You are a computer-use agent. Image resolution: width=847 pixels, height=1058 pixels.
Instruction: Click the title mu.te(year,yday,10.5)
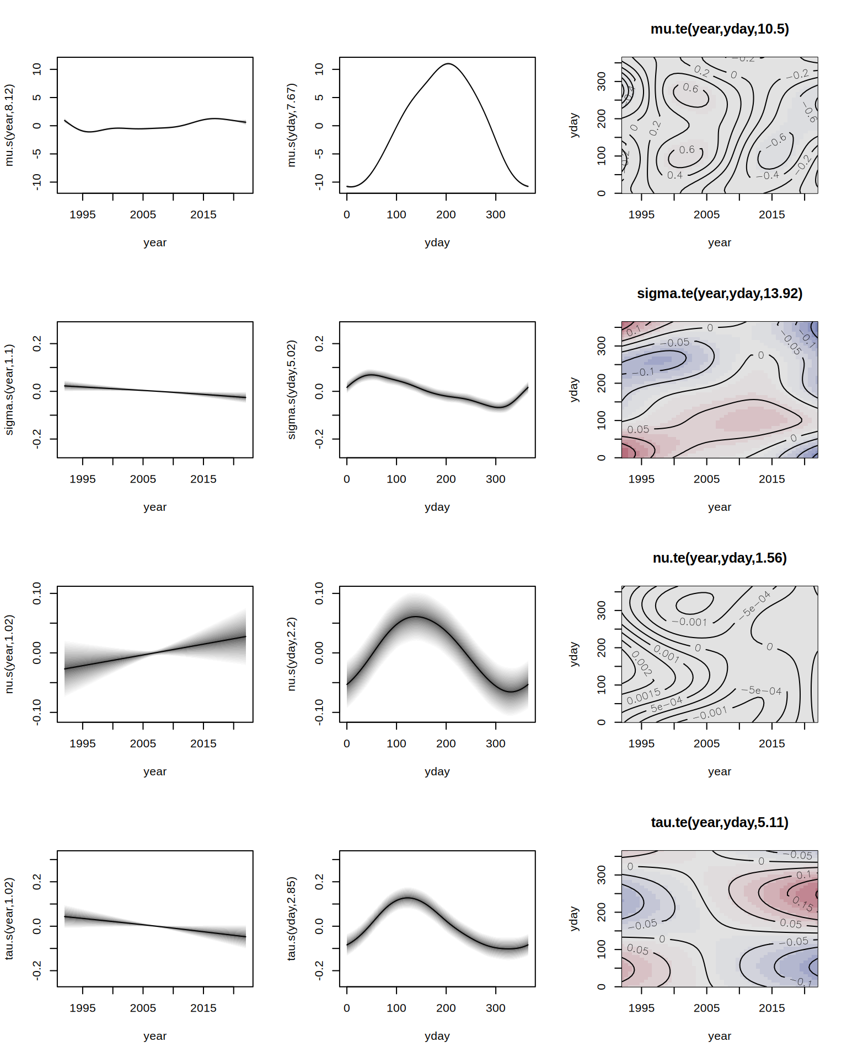719,29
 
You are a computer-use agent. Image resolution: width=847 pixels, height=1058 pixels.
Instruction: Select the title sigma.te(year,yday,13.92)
719,293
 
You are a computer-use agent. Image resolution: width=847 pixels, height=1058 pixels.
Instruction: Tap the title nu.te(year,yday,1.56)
719,558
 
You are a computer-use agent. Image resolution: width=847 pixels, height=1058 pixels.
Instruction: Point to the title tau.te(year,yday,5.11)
719,822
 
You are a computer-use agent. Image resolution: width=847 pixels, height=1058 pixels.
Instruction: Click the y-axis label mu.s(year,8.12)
9,125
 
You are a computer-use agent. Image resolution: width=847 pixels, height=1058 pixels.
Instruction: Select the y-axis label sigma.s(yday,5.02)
291,390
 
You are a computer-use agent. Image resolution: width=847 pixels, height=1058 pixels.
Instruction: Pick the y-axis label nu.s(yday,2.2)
291,654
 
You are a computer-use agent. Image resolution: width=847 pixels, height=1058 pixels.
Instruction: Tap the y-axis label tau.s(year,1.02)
9,919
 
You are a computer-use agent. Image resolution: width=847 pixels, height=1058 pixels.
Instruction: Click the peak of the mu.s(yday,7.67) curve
448,64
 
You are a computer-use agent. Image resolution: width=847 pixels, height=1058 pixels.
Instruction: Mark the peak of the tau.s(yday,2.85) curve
407,898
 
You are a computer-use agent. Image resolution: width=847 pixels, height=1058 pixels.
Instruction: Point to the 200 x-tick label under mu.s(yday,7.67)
446,214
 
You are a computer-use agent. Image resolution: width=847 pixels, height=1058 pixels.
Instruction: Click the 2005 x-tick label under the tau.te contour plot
706,1008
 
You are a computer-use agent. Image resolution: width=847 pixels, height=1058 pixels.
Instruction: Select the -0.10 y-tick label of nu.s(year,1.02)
37,711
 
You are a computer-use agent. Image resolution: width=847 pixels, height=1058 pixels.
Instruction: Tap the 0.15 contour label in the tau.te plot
803,904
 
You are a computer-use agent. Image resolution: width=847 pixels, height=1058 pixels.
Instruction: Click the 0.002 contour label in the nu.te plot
641,663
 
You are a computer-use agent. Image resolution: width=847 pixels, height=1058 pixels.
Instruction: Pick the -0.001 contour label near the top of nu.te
689,622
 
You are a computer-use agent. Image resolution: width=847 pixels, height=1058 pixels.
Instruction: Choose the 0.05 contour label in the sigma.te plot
638,429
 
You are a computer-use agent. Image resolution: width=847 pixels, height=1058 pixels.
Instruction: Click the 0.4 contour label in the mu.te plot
674,175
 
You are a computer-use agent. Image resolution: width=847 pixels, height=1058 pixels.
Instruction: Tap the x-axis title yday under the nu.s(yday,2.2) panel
437,771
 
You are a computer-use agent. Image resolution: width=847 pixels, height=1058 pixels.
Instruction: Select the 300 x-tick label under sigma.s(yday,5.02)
495,479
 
